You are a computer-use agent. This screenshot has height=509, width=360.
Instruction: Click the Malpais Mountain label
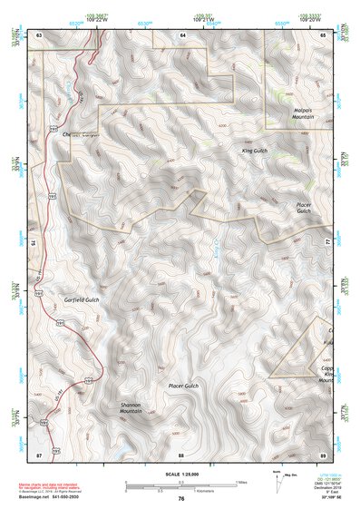[x=302, y=114]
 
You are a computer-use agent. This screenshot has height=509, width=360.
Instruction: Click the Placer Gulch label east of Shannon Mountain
[x=183, y=387]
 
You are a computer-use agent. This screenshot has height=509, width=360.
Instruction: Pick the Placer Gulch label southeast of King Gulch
[x=304, y=209]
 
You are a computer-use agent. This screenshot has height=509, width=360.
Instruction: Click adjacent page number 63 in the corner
[x=39, y=34]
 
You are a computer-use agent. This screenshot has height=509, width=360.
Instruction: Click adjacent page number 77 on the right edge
[x=328, y=243]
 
